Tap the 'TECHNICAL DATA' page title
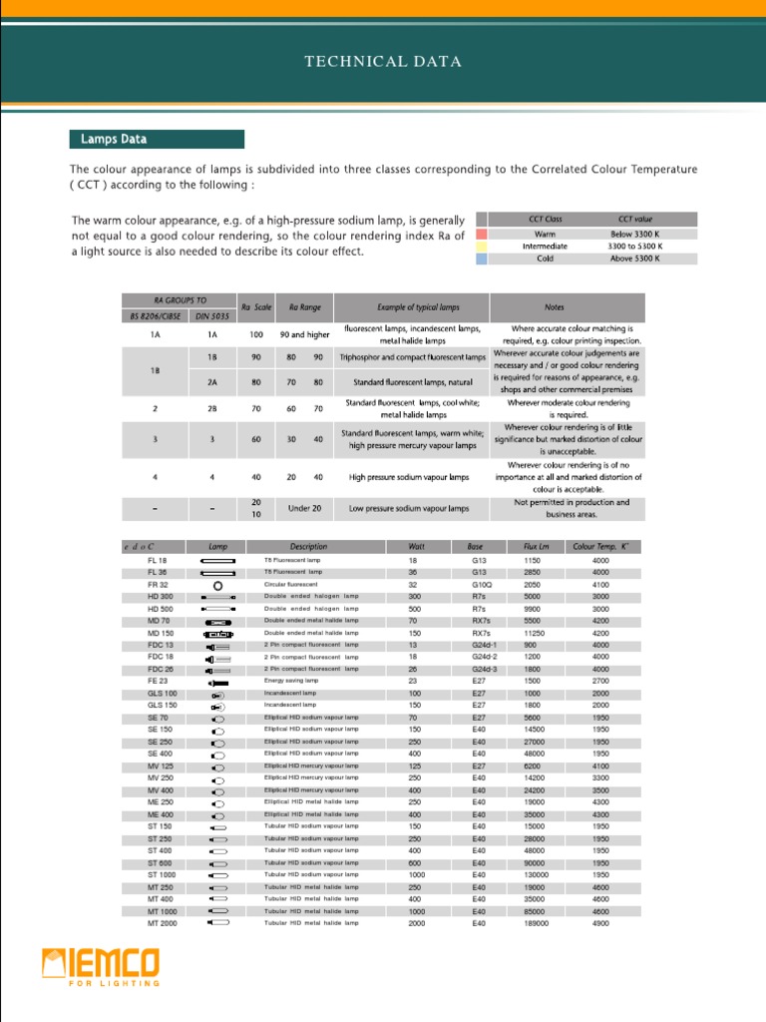(383, 62)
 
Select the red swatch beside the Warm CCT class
(482, 233)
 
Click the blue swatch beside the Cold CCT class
(482, 258)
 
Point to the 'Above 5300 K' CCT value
(635, 258)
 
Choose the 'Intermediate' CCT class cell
(545, 246)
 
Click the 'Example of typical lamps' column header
(412, 307)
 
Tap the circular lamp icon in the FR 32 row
(217, 585)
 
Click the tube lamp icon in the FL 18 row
(217, 561)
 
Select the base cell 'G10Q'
(483, 585)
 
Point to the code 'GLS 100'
(163, 693)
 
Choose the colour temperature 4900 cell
(600, 923)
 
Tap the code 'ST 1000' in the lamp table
(163, 875)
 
